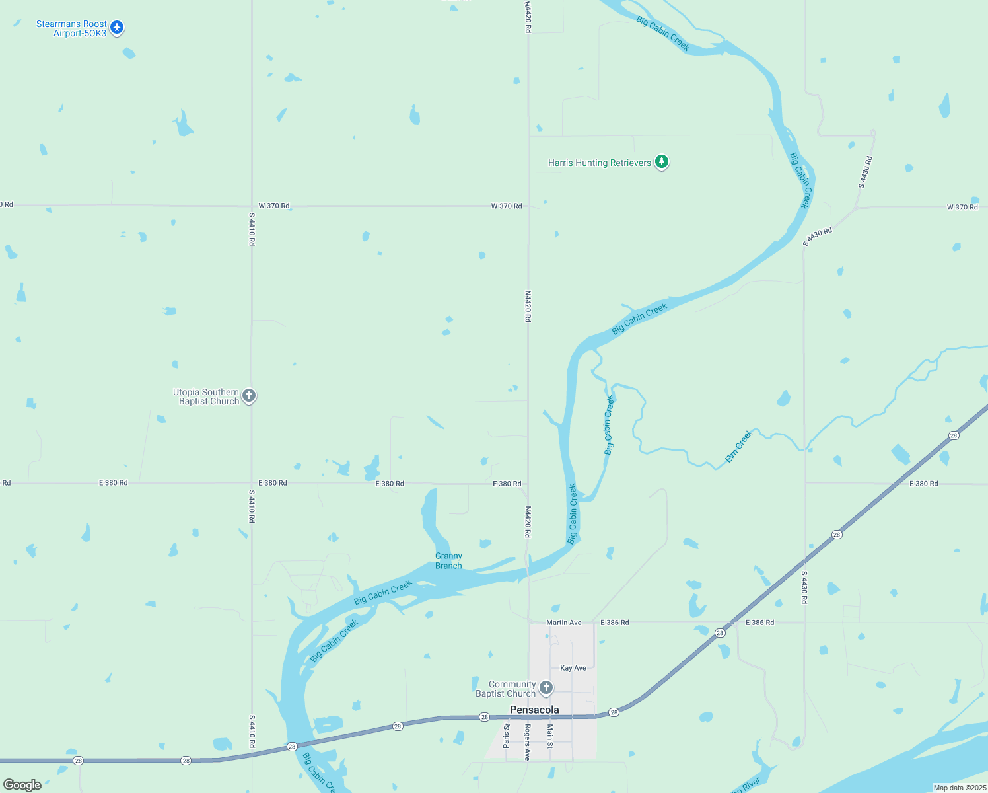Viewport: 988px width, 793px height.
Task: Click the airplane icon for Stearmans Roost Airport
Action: (117, 28)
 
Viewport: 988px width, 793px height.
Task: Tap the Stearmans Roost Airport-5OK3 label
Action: (71, 28)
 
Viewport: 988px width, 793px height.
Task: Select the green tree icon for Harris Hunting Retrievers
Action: (661, 162)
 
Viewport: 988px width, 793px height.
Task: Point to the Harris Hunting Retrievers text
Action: (600, 163)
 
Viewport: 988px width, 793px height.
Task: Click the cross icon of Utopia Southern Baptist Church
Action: (249, 396)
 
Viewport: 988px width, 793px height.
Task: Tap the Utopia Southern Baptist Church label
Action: (206, 397)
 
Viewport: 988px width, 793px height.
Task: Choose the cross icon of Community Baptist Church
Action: (546, 688)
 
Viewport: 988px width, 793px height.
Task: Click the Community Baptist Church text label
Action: (506, 689)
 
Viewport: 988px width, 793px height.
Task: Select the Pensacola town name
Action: (534, 710)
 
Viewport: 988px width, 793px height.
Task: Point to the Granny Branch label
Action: (448, 561)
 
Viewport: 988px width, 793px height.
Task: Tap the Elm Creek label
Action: (738, 446)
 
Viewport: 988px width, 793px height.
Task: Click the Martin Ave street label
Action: (564, 623)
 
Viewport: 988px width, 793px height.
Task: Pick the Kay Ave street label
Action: (573, 668)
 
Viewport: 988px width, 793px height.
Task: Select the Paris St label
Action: (507, 736)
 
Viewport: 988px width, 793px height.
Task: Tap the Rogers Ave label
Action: (527, 742)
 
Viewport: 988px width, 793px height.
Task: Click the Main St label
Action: (549, 736)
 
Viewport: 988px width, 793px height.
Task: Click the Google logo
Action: (22, 784)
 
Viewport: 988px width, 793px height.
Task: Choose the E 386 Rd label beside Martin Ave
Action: (614, 623)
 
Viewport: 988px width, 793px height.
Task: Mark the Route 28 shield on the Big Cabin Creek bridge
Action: (292, 747)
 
